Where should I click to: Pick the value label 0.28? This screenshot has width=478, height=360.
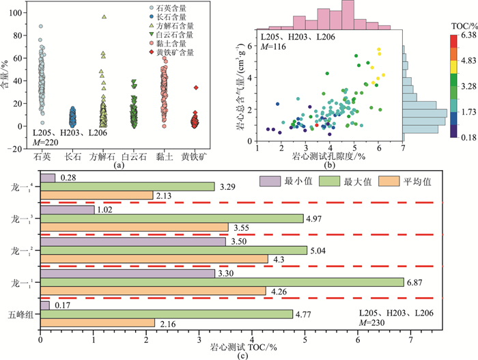[x=67, y=178]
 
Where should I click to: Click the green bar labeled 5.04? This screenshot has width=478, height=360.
[x=173, y=250]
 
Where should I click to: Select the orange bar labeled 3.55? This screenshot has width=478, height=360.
[x=135, y=227]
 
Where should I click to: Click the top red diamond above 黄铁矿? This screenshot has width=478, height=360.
[x=195, y=87]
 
